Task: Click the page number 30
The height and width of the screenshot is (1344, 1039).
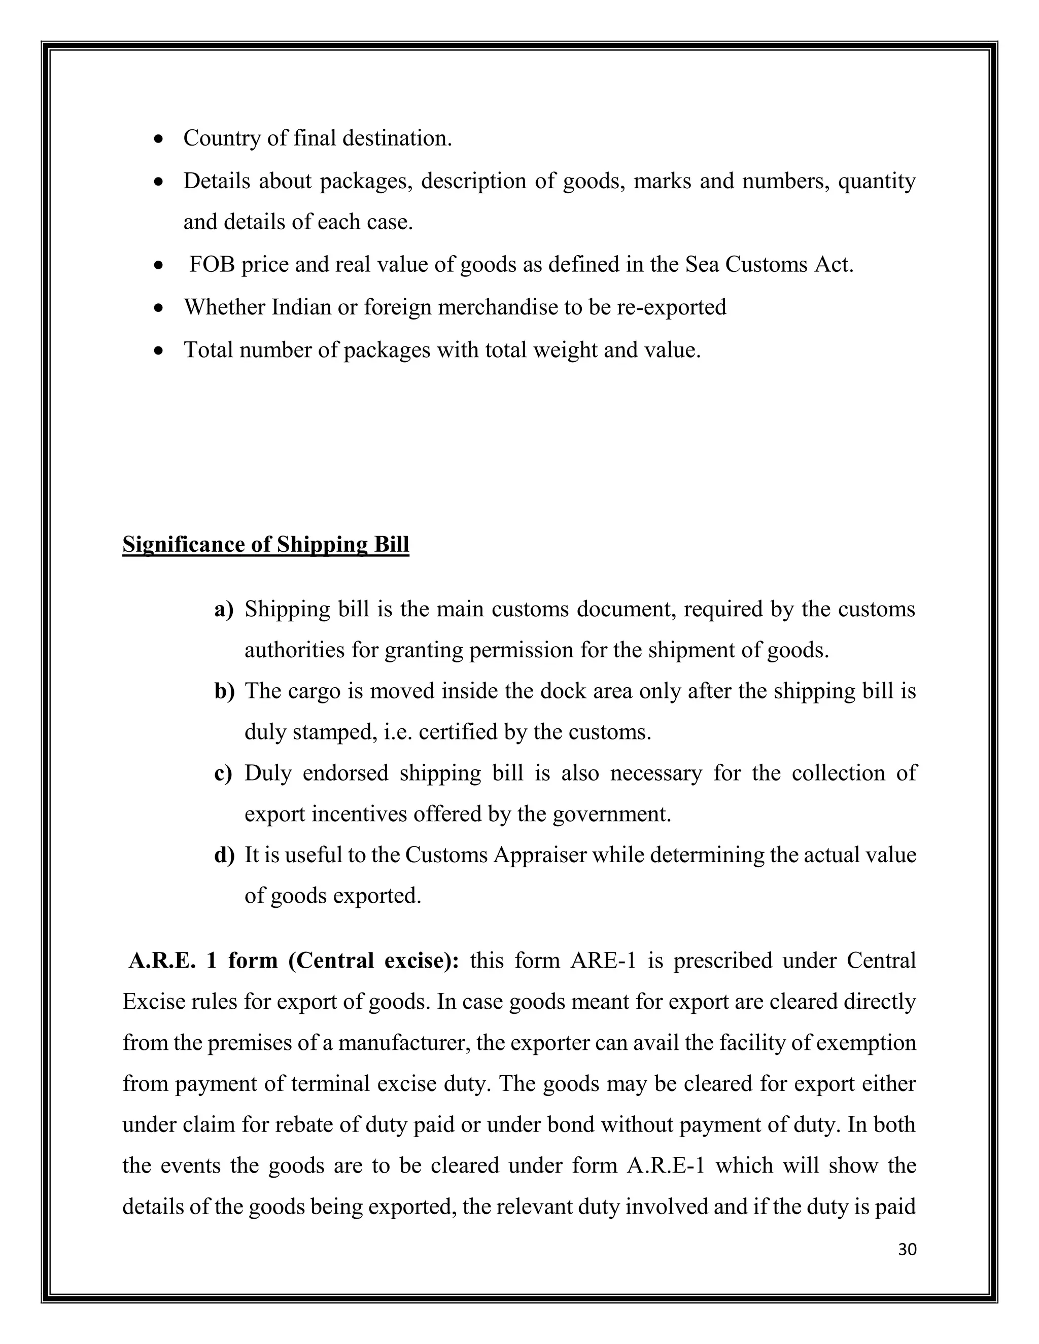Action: [x=907, y=1249]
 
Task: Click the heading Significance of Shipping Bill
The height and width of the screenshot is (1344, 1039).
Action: [x=265, y=545]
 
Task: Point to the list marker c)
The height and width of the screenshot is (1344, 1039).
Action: [x=223, y=773]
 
